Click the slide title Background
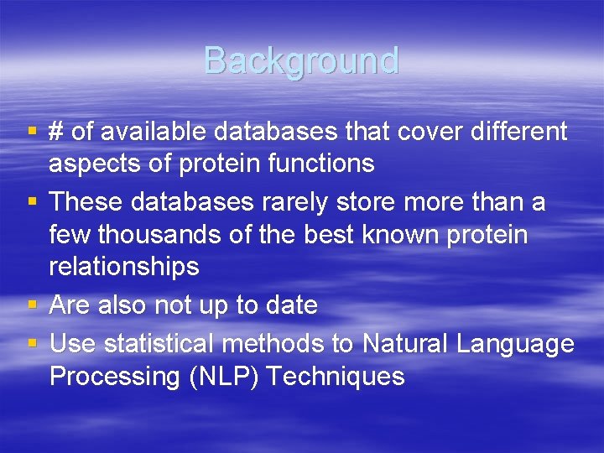click(x=301, y=61)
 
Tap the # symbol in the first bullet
click(x=57, y=132)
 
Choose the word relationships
click(x=124, y=267)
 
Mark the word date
click(x=290, y=305)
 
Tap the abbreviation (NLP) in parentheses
click(x=220, y=377)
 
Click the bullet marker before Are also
click(x=32, y=305)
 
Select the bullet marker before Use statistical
click(x=32, y=343)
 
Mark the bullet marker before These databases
click(x=32, y=202)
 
